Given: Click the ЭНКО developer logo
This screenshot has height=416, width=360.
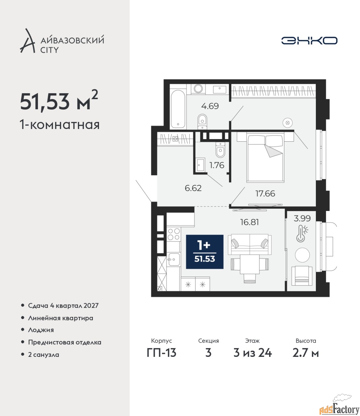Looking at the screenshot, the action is (x=309, y=40).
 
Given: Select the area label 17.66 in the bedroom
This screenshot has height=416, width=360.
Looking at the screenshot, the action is (x=265, y=194).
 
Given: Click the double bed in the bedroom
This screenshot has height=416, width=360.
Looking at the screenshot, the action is (x=265, y=158).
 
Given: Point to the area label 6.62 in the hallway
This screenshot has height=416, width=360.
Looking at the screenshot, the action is (x=193, y=188).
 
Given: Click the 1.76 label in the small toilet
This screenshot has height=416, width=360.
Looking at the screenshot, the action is (x=217, y=165).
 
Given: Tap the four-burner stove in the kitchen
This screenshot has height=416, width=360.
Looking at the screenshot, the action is (x=174, y=234).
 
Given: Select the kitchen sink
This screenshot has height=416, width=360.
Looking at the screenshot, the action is (x=174, y=260).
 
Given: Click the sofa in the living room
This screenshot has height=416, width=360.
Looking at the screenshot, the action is (x=250, y=244).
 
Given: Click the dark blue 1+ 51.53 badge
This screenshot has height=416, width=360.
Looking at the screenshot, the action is (x=205, y=252).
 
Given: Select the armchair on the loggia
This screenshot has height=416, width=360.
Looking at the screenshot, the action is (x=302, y=276).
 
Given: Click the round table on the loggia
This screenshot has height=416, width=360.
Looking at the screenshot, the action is (x=302, y=255).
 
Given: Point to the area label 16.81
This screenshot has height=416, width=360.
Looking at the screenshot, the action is (x=249, y=222).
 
